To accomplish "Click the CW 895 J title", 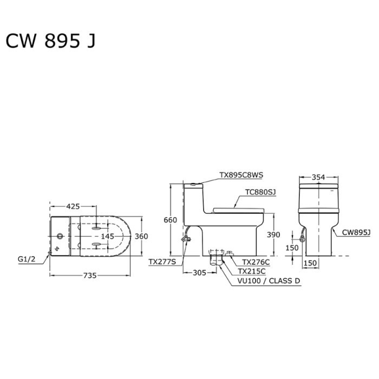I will pyautogui.click(x=50, y=41).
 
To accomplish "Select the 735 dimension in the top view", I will pyautogui.click(x=89, y=276).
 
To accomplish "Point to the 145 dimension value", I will pyautogui.click(x=107, y=237).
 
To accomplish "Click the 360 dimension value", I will pyautogui.click(x=141, y=237).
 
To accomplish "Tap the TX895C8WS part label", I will pyautogui.click(x=241, y=175).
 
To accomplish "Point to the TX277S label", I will pyautogui.click(x=162, y=262).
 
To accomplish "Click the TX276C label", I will pyautogui.click(x=256, y=262).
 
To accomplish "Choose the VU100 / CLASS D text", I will pyautogui.click(x=269, y=281).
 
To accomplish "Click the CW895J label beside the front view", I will pyautogui.click(x=356, y=232).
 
